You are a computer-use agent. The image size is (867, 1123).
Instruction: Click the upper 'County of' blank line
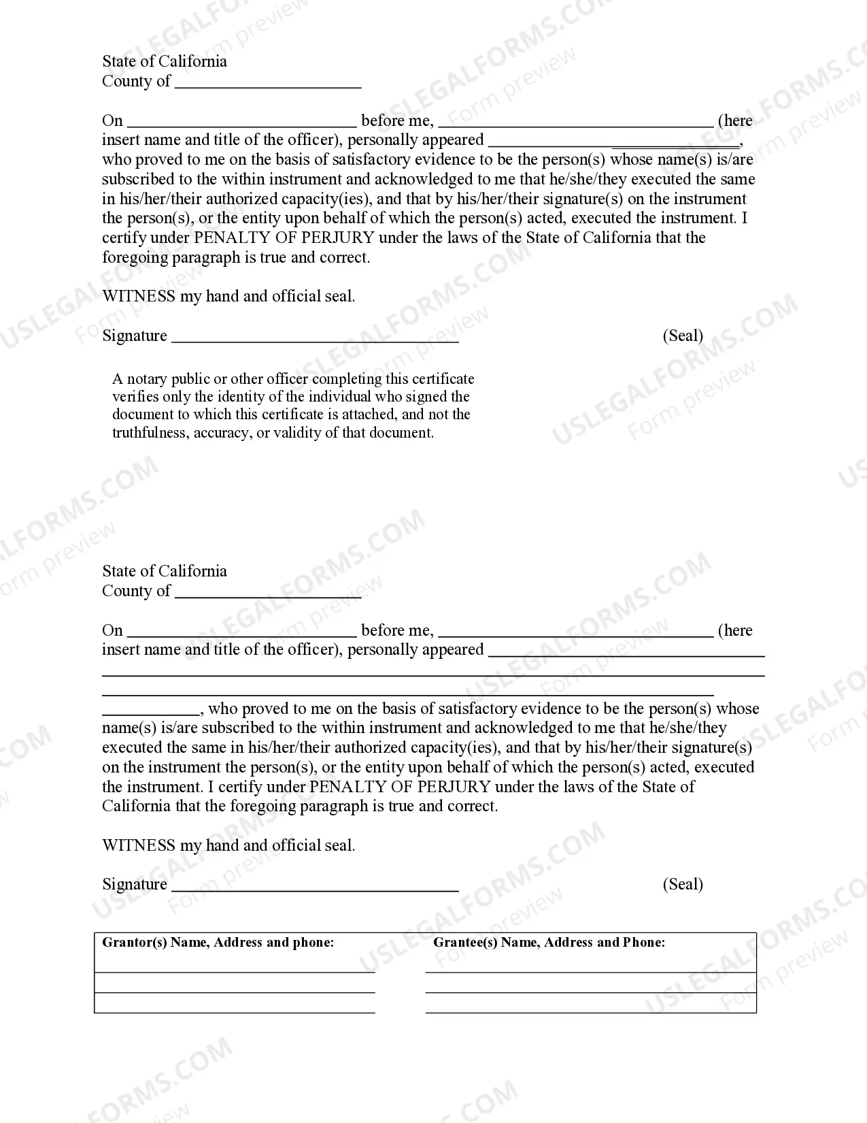(x=268, y=86)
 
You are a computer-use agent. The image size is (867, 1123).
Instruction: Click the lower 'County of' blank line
(x=268, y=596)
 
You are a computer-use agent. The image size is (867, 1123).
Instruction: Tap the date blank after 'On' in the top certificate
(x=241, y=125)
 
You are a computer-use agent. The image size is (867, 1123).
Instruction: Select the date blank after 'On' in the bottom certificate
(x=241, y=635)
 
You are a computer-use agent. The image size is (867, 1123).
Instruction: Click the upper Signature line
(x=315, y=340)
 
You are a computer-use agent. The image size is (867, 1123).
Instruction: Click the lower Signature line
(x=315, y=889)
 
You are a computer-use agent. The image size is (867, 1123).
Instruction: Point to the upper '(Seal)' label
(x=683, y=336)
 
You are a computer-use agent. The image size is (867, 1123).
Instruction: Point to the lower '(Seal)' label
(x=683, y=884)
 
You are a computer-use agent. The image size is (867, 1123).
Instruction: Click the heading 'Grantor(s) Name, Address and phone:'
(x=218, y=943)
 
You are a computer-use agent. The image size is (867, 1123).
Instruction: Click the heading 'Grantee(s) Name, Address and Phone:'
(x=549, y=943)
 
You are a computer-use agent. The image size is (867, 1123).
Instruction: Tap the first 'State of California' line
(x=165, y=61)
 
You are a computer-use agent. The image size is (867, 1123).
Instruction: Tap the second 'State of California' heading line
(x=165, y=571)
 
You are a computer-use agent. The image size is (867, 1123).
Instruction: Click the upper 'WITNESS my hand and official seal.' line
(x=228, y=296)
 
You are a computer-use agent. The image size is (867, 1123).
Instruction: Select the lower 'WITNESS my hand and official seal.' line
(x=228, y=845)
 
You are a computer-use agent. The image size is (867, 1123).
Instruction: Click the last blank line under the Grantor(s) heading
(x=235, y=1011)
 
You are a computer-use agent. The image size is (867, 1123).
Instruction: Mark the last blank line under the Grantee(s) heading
(x=590, y=1011)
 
